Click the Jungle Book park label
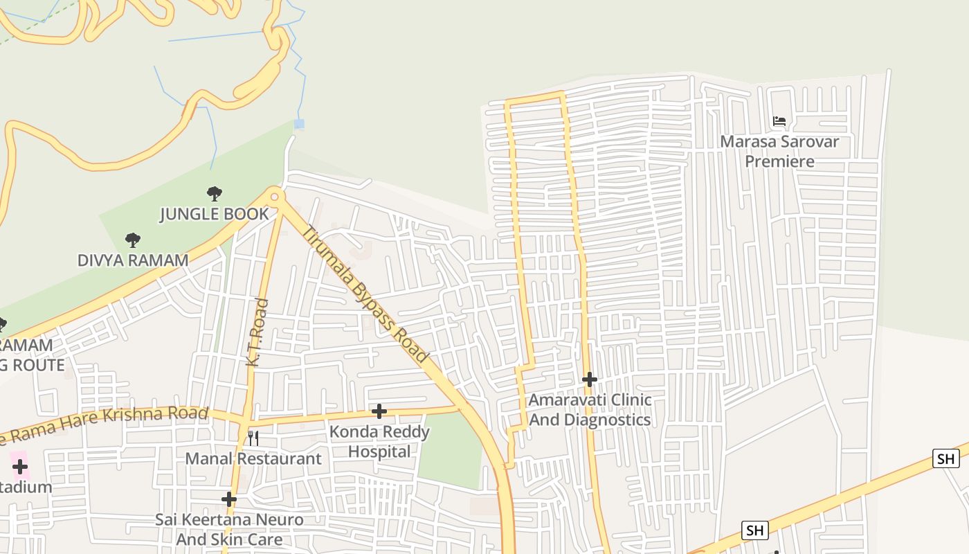(214, 214)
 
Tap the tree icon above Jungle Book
(215, 193)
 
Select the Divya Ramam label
(132, 260)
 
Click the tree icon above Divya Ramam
(132, 240)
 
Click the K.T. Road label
(257, 332)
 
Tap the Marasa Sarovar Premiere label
(779, 152)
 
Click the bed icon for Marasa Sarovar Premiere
(779, 121)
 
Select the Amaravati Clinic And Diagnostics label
(590, 410)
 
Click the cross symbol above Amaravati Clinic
(590, 379)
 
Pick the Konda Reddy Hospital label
(379, 442)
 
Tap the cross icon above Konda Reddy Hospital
(379, 411)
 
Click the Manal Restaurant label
(253, 458)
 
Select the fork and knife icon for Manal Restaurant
(253, 438)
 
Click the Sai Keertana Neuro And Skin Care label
(229, 530)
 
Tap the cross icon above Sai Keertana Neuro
(229, 499)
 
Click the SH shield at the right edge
(945, 458)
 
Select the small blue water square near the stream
(299, 125)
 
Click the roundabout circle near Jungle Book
(275, 197)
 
